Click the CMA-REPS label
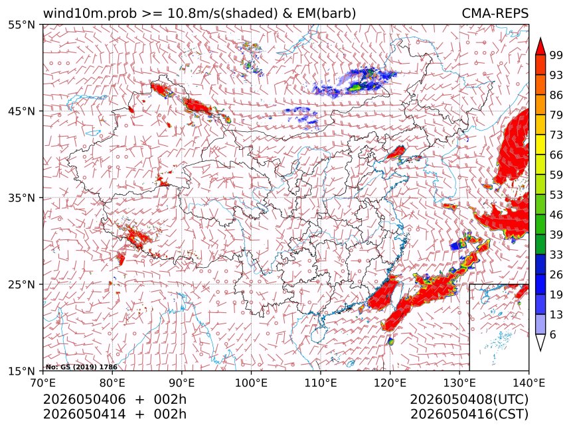tap(495, 13)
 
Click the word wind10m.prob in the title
tap(90, 14)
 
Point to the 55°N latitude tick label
tap(22, 25)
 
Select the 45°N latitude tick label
tap(22, 111)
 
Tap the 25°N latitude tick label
tap(22, 284)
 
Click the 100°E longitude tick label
tap(251, 383)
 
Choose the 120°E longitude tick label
tap(390, 383)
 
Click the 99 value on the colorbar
tap(556, 55)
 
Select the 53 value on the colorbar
tap(556, 195)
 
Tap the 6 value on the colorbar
tap(553, 334)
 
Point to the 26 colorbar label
tap(556, 275)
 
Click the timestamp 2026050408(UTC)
tap(469, 400)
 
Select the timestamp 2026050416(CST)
tap(469, 414)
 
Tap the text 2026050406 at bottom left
tap(84, 400)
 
